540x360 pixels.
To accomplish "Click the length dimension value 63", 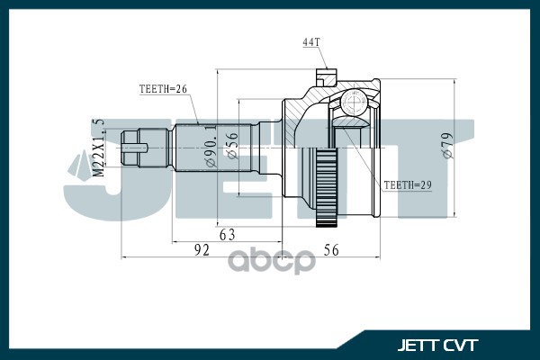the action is pyautogui.click(x=227, y=236).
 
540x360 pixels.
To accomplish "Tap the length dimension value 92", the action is pyautogui.click(x=201, y=251).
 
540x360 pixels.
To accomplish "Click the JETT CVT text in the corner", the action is pyautogui.click(x=438, y=344).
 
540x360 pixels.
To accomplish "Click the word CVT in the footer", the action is pyautogui.click(x=461, y=344).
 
